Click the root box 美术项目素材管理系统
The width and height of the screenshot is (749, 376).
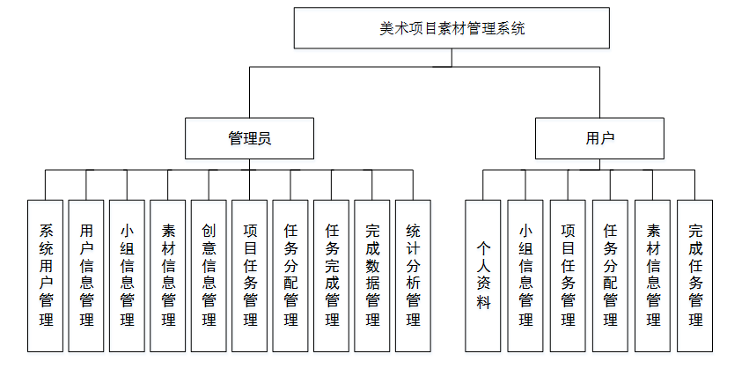[452, 28]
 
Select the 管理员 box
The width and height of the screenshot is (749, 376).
[249, 138]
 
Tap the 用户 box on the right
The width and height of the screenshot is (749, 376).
[599, 138]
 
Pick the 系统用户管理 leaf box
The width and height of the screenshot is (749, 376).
[46, 275]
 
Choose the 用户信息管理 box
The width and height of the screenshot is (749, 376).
[86, 275]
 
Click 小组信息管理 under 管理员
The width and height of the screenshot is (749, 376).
[128, 275]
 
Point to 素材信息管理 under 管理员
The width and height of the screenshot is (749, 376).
[168, 275]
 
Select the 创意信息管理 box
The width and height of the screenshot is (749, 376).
[209, 275]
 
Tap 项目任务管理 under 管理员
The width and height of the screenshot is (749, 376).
[250, 275]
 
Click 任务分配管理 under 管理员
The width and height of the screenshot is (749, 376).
[290, 275]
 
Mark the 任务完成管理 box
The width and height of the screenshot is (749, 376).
[332, 275]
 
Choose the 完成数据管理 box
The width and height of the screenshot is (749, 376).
[372, 275]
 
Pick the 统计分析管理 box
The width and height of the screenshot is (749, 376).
[413, 275]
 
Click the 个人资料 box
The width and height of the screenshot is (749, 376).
[483, 275]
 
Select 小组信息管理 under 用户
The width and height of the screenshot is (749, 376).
[525, 275]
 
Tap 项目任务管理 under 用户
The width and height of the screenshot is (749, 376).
[568, 275]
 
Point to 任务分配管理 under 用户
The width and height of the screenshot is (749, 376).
[610, 275]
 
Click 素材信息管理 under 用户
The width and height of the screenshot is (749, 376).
[653, 275]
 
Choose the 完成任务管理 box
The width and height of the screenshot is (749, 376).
[695, 275]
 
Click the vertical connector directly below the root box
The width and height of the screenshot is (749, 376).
[452, 57]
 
